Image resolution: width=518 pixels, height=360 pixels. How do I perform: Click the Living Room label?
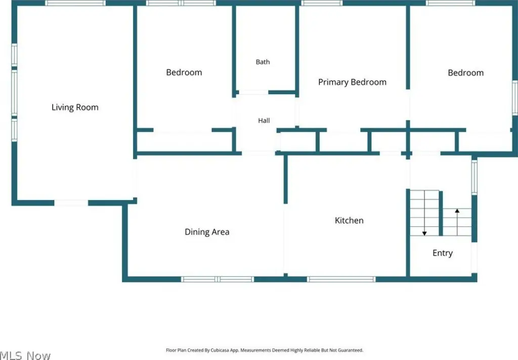(75, 107)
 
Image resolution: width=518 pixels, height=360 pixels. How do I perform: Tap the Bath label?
(263, 62)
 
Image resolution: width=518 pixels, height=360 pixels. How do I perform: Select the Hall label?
(264, 121)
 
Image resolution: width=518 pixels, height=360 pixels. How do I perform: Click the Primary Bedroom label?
(352, 83)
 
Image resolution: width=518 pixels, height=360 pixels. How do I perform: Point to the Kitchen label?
(349, 220)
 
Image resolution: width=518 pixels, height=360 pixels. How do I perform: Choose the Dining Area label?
(207, 232)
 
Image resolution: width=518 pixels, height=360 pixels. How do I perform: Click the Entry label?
(442, 253)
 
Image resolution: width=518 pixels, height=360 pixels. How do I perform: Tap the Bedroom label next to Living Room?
(184, 72)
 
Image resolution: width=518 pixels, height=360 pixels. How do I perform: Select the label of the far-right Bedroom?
(465, 73)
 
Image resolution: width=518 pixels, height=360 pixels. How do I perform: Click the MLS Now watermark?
(25, 355)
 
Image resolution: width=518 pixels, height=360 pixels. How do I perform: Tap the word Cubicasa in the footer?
(220, 350)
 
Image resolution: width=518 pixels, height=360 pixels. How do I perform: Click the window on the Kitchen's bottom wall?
(341, 279)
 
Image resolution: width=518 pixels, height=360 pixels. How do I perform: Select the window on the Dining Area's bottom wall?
(218, 279)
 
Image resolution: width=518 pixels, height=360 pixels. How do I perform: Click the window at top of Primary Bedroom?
(322, 3)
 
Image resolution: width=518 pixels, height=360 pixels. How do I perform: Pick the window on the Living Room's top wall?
(75, 3)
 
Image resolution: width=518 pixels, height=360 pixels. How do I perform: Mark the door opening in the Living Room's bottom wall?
(71, 203)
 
